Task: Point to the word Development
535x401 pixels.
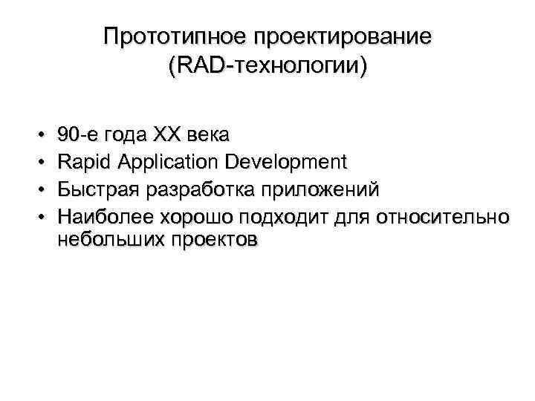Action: click(283, 162)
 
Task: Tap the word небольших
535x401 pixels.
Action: click(111, 241)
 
